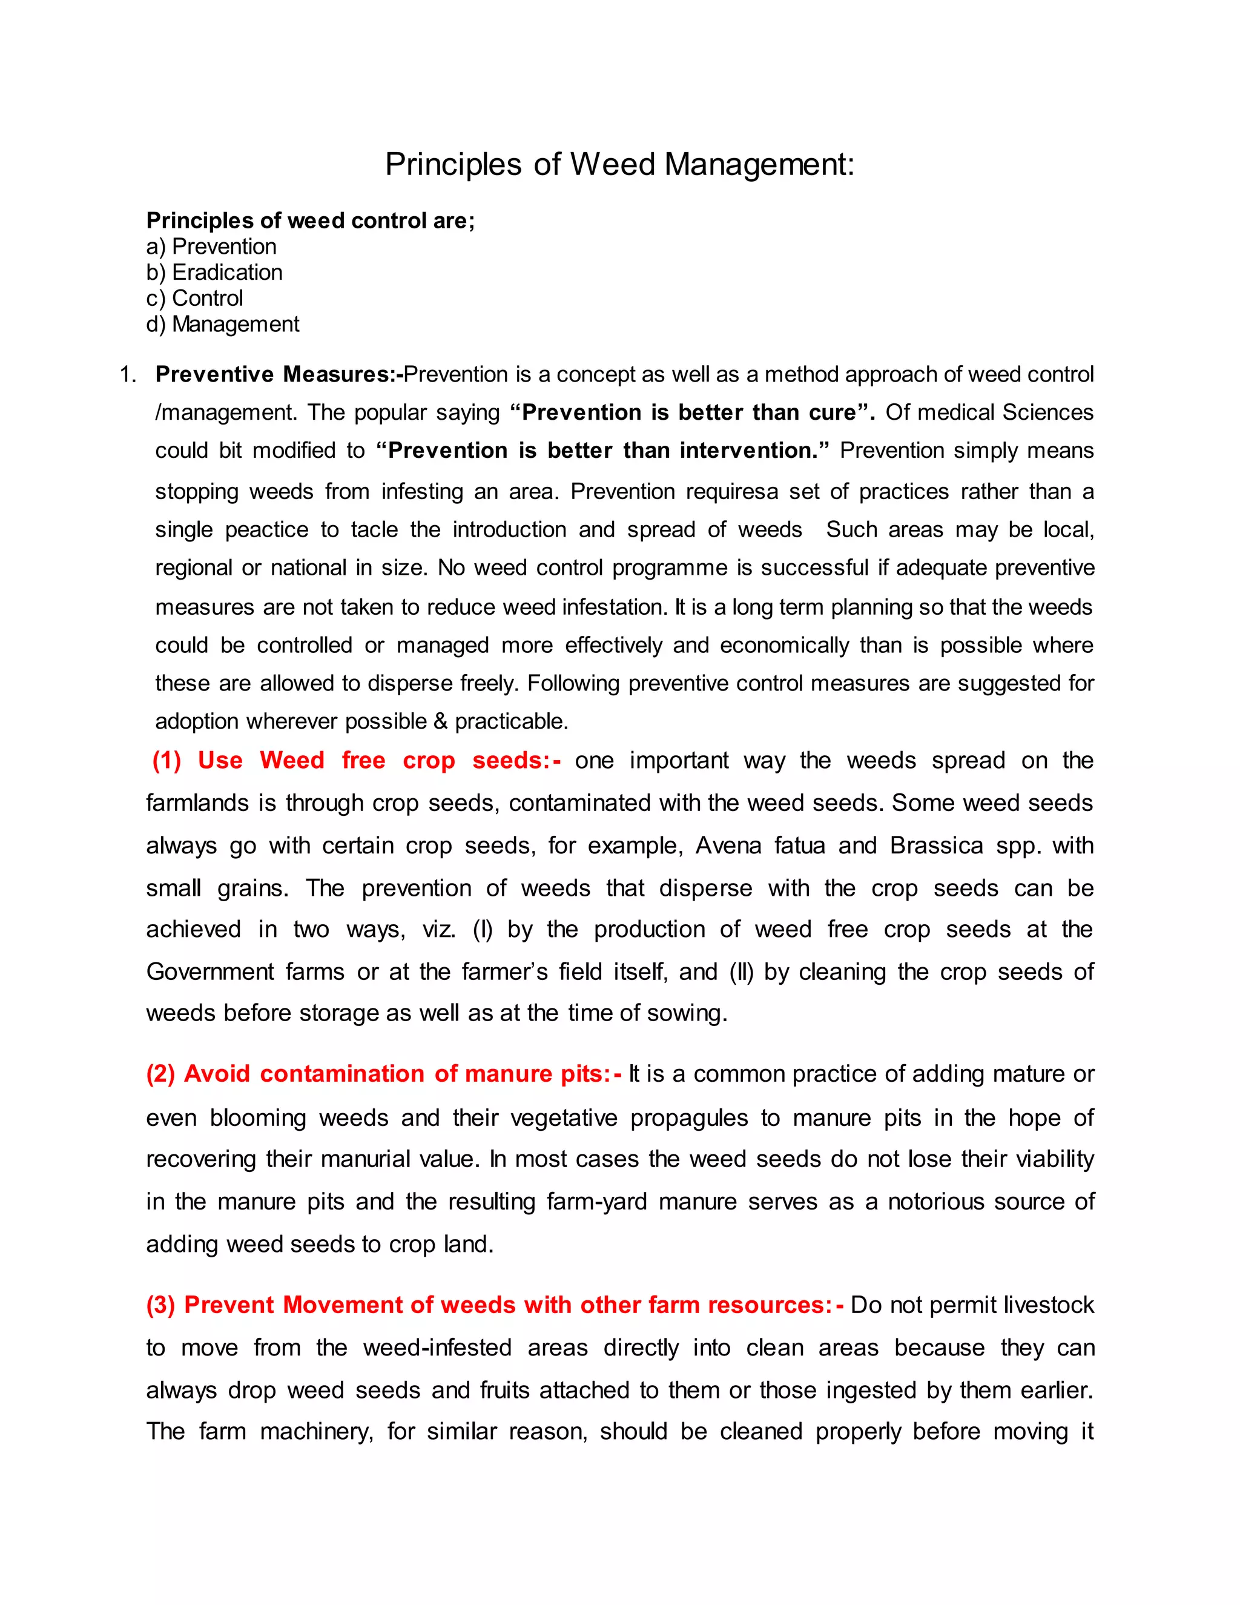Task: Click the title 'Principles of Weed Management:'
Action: [619, 164]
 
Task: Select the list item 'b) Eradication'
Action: [214, 273]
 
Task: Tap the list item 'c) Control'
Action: [195, 299]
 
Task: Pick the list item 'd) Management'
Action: [223, 324]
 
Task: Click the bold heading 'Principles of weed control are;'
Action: [310, 220]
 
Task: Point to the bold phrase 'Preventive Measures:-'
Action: [279, 375]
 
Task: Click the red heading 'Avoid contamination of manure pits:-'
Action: [383, 1074]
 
